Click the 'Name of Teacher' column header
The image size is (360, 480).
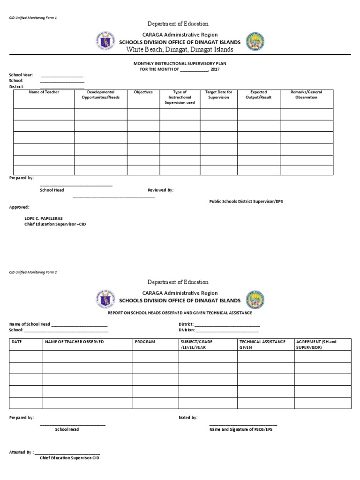click(x=44, y=92)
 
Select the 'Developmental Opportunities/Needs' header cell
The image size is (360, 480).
click(x=100, y=95)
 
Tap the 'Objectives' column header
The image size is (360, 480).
click(x=143, y=92)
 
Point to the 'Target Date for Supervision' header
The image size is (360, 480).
click(x=218, y=95)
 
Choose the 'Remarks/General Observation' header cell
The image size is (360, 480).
click(x=307, y=95)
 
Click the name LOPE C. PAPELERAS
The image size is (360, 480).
click(x=43, y=218)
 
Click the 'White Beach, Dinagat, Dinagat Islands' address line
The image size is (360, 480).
click(x=180, y=50)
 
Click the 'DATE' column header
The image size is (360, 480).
click(x=17, y=342)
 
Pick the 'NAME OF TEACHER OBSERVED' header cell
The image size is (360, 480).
click(x=74, y=342)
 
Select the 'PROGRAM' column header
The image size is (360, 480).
click(x=145, y=342)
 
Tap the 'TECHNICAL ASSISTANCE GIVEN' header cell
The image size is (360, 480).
click(x=262, y=345)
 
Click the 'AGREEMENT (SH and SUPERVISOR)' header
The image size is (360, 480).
click(x=316, y=345)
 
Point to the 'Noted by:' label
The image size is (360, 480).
click(x=188, y=417)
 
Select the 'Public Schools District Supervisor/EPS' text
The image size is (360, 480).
click(x=246, y=201)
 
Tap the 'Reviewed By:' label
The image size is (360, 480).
click(x=161, y=190)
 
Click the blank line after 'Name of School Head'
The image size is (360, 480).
click(x=79, y=325)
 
